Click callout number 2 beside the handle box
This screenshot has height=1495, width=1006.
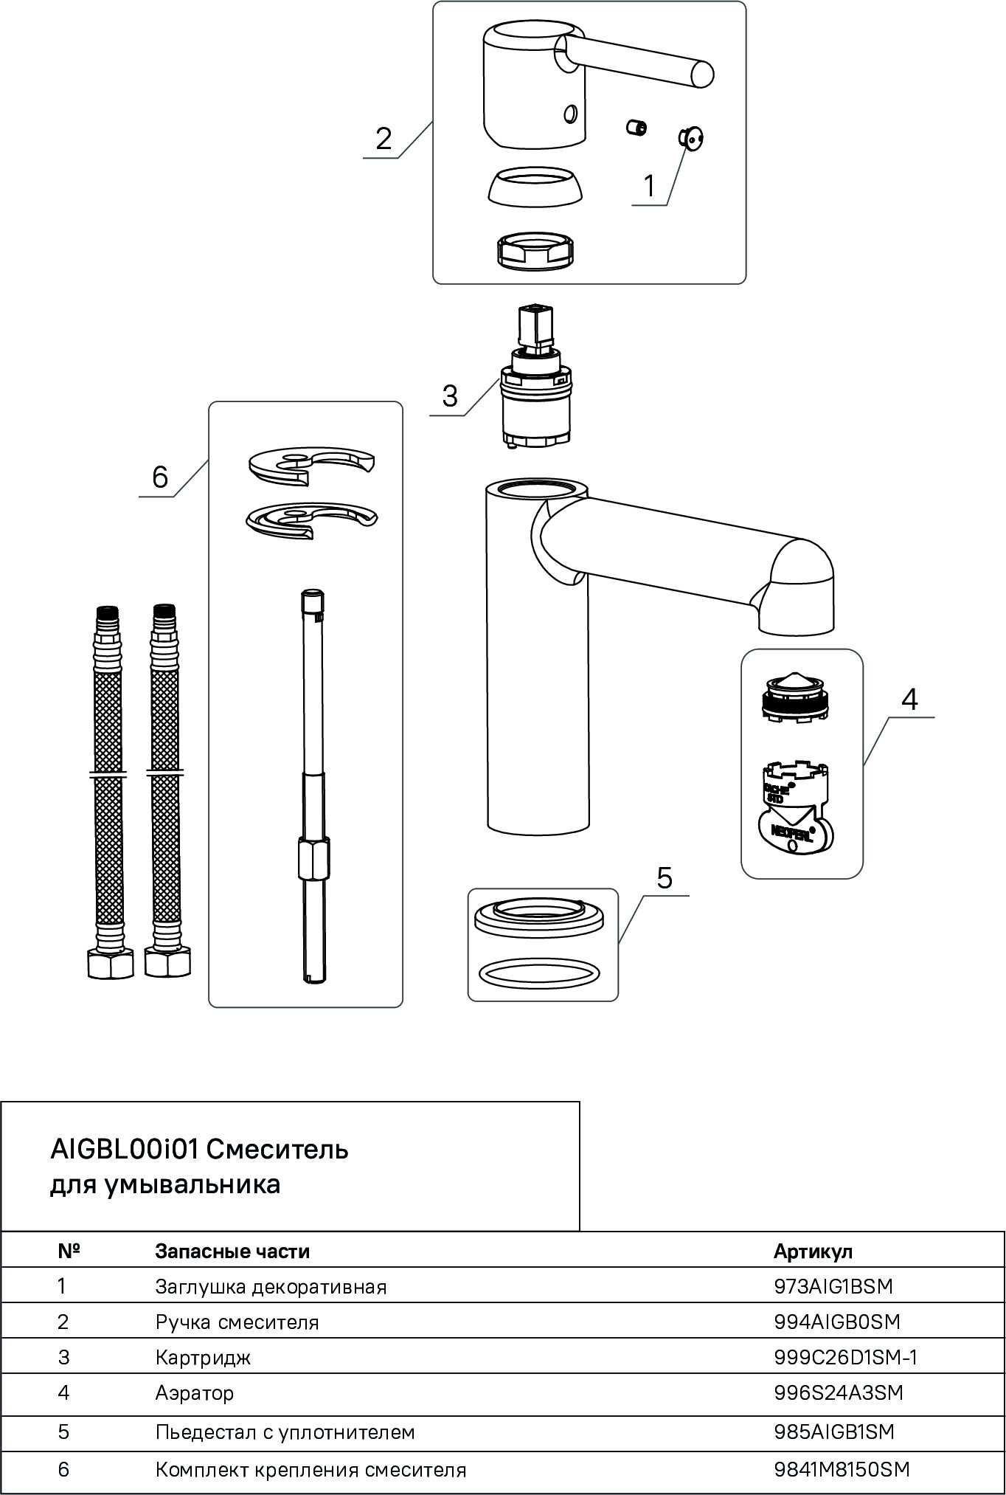tap(384, 139)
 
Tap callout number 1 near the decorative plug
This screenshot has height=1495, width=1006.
tap(649, 186)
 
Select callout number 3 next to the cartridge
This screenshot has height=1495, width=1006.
tap(450, 396)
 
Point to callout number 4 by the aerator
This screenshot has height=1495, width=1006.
tap(910, 699)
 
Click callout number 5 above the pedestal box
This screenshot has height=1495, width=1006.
tap(665, 878)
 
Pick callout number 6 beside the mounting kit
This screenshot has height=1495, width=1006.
tap(160, 477)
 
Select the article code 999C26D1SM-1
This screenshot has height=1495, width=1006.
tap(845, 1357)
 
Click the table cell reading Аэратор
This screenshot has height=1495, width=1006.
tap(195, 1393)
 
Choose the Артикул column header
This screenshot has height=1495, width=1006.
tap(813, 1251)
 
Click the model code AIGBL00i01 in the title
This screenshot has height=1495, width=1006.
tap(123, 1149)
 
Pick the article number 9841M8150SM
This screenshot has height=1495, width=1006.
tap(842, 1469)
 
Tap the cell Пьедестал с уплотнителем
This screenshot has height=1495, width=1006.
tap(285, 1432)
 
